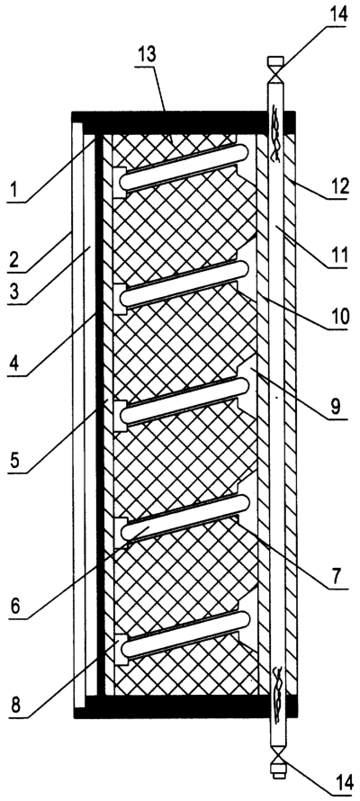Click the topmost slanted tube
184,167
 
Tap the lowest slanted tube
184,634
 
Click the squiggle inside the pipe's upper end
275,134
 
